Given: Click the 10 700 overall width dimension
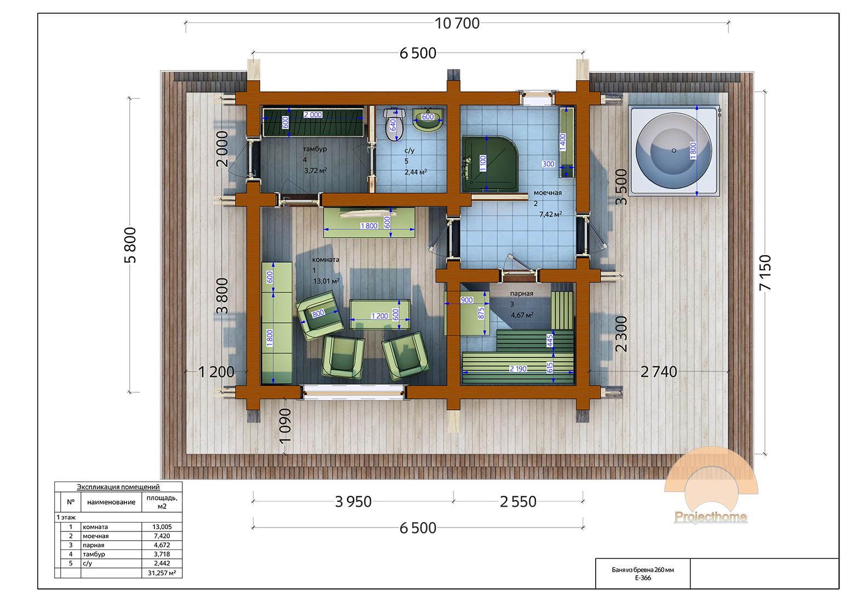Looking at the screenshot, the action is click(x=457, y=23).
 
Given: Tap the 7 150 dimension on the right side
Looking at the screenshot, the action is click(x=765, y=273).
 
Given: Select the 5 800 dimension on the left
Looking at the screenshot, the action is click(x=130, y=245).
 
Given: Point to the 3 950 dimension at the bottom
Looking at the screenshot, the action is click(x=353, y=502).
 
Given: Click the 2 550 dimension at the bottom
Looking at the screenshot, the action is click(x=518, y=502).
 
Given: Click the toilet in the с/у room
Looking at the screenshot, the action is click(x=394, y=124).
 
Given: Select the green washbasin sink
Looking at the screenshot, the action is click(x=428, y=120).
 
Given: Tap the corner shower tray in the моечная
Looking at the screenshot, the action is click(x=491, y=164).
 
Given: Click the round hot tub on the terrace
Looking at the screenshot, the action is click(x=673, y=150).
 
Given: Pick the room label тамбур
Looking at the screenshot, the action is click(x=314, y=149).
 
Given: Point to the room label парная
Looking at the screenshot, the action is click(x=521, y=293).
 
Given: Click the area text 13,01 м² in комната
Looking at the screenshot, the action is click(x=326, y=281).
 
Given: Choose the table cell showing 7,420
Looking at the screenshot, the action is click(x=162, y=536).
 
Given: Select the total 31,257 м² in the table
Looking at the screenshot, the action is click(x=162, y=573).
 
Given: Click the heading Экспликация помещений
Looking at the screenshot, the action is click(x=118, y=487).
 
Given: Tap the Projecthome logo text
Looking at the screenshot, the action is click(x=711, y=517).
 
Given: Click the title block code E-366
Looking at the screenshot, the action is click(x=643, y=578).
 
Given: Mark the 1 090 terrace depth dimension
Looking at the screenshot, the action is click(x=285, y=426).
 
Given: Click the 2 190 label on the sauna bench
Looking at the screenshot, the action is click(x=518, y=369).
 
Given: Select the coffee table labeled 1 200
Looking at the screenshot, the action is click(x=379, y=314).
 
